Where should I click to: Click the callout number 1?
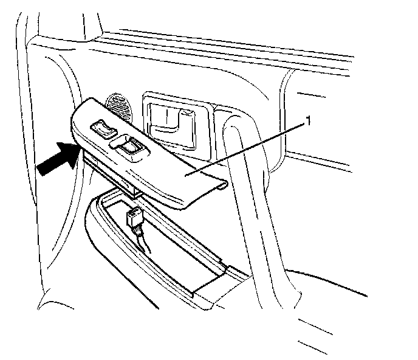[x=308, y=121]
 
